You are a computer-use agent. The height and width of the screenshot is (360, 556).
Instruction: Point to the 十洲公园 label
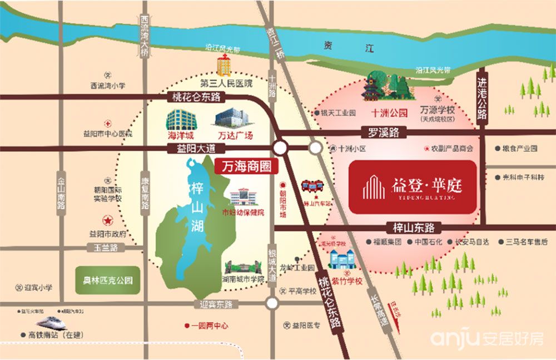390,112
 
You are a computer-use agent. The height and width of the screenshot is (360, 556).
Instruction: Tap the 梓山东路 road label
413,228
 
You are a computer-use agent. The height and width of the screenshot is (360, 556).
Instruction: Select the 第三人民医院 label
226,84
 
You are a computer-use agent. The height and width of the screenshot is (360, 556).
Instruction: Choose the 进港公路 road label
482,98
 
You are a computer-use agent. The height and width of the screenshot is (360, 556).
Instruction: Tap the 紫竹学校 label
347,282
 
